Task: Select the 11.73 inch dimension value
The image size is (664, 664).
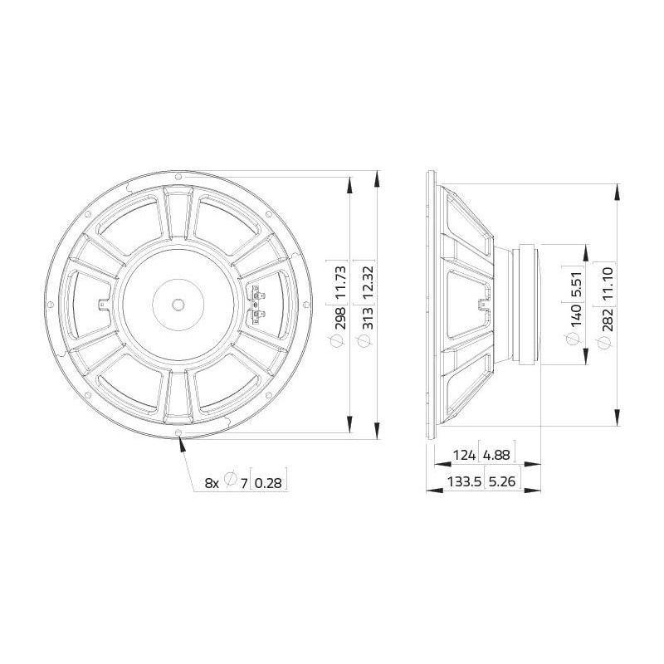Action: [340, 282]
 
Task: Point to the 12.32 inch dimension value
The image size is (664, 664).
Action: [368, 282]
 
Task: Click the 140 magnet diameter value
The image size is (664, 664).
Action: [576, 315]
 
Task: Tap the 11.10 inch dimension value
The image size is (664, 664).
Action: [607, 284]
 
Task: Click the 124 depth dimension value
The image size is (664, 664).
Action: [464, 455]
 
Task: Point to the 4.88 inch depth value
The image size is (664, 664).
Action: [496, 455]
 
